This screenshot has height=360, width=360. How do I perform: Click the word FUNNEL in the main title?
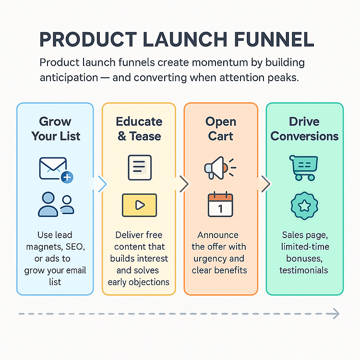click(274, 39)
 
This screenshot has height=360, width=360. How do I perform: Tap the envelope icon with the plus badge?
click(56, 170)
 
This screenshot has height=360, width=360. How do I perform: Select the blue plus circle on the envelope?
click(67, 177)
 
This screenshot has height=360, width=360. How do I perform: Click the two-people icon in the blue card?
click(56, 204)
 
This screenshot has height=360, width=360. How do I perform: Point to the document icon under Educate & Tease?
click(140, 168)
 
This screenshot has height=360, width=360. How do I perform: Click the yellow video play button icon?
click(139, 205)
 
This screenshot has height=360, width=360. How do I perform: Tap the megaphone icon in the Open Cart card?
click(220, 168)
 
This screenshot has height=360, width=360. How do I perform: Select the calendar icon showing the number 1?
click(220, 204)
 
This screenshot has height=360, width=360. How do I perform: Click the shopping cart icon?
click(303, 168)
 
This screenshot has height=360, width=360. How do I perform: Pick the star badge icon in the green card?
click(304, 206)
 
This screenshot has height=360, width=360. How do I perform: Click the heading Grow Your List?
click(56, 129)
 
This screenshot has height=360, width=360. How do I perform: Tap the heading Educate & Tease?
click(139, 129)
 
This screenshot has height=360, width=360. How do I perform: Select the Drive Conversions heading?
click(304, 129)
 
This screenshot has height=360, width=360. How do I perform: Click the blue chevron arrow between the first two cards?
click(102, 184)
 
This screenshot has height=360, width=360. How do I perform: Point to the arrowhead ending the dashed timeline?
click(336, 313)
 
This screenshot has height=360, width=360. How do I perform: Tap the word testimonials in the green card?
click(303, 270)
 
